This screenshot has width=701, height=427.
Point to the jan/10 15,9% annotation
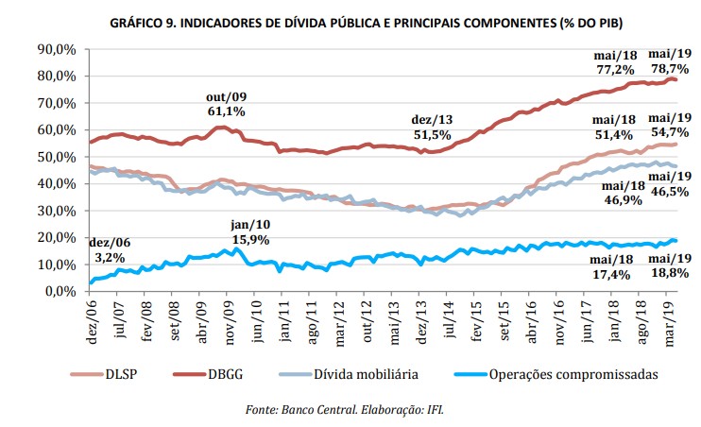(251, 233)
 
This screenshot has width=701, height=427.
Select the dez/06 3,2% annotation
(111, 248)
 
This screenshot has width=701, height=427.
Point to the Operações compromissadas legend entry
(553, 375)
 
